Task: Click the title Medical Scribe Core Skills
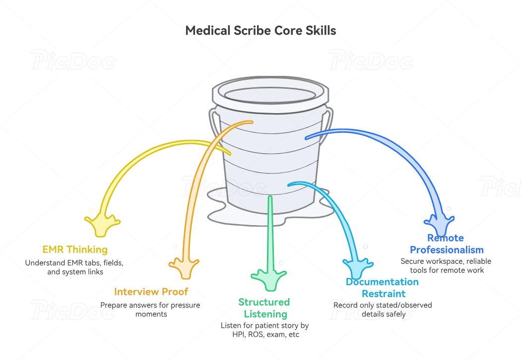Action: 261,31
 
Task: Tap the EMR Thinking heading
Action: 75,249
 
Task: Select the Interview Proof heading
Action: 151,292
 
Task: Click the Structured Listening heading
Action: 264,308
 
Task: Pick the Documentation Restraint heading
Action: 383,288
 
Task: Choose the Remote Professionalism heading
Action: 447,244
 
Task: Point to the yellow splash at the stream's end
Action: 102,225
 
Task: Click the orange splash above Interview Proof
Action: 184,268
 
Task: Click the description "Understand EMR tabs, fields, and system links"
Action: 74,267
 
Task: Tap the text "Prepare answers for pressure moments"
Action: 150,309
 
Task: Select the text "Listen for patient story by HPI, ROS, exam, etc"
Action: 265,330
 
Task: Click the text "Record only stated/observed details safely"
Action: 383,309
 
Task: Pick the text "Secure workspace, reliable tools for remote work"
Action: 446,265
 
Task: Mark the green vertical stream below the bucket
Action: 270,233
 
